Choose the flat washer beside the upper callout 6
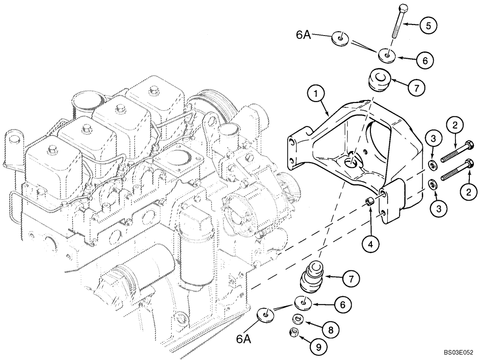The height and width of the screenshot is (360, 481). [x=388, y=55]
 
